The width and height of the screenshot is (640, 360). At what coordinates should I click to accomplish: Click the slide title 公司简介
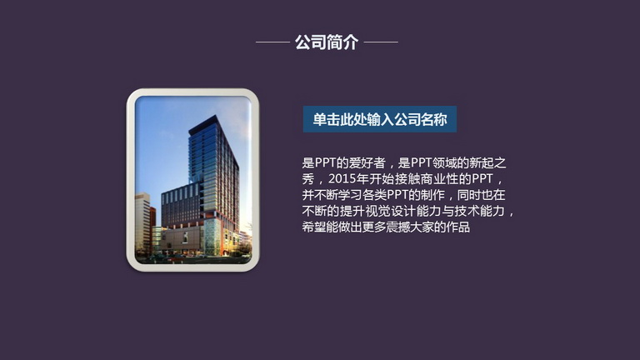(327, 42)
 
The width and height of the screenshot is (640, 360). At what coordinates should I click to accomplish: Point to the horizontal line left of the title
(272, 42)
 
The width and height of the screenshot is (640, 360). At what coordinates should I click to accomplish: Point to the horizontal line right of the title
(381, 42)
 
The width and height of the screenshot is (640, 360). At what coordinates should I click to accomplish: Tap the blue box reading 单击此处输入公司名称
(380, 119)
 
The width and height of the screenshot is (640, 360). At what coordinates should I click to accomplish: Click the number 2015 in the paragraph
(342, 179)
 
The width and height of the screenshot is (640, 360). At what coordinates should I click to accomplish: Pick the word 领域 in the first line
(444, 162)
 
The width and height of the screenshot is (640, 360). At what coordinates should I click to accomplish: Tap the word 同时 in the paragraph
(469, 195)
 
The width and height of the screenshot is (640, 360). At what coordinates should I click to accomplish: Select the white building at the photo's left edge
(142, 222)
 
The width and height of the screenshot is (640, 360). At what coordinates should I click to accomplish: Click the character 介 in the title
(351, 42)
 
